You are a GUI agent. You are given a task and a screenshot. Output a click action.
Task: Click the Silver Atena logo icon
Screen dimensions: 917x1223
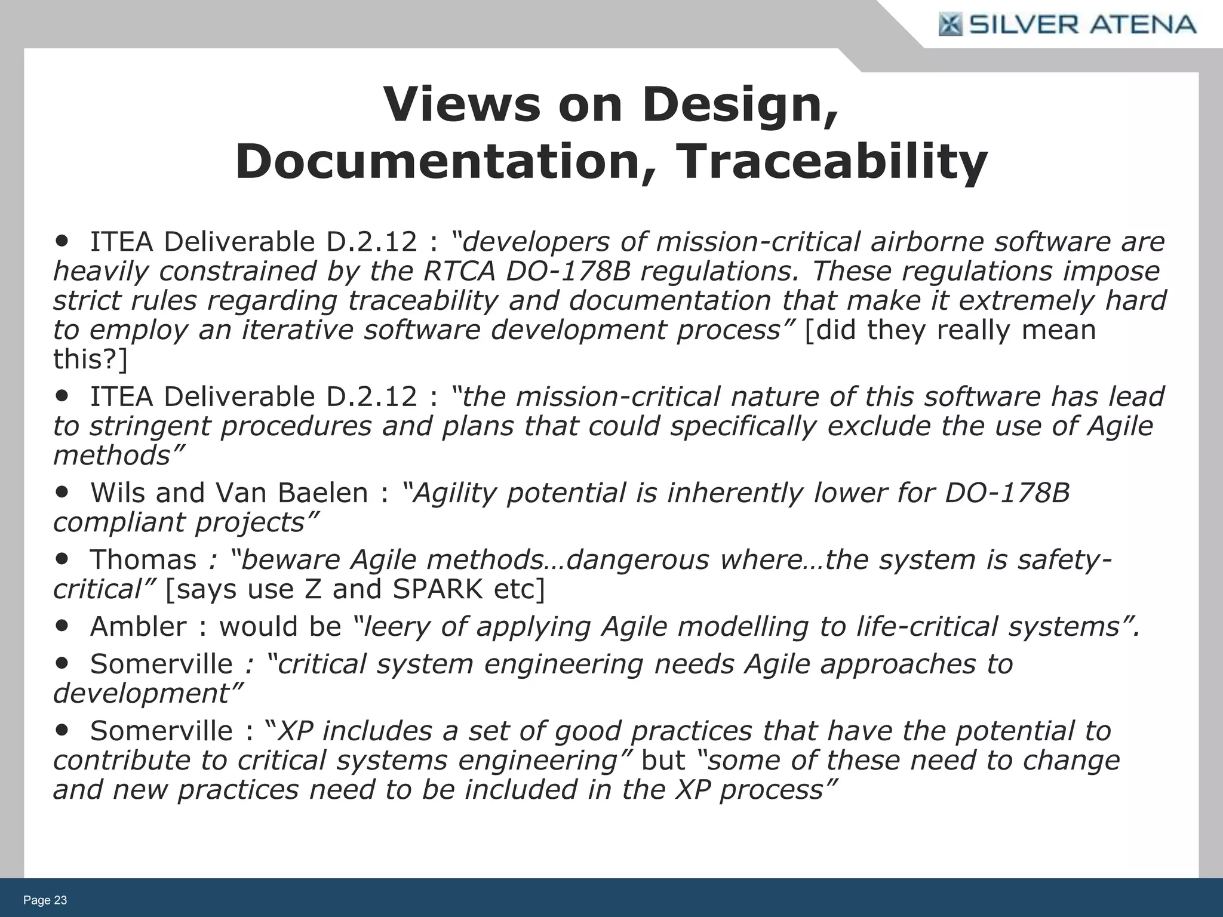coord(950,25)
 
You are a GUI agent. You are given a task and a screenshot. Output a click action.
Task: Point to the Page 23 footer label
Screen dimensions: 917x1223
coord(45,900)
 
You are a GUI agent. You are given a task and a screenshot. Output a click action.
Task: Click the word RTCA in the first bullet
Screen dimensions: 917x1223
coord(459,271)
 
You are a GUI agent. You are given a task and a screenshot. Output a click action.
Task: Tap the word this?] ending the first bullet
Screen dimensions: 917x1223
coord(90,359)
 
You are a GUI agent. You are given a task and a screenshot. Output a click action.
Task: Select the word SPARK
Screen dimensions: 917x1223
coord(437,589)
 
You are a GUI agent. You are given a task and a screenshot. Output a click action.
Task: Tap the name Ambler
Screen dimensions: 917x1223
coord(138,627)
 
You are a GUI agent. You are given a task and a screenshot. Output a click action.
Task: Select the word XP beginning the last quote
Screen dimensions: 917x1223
coord(295,731)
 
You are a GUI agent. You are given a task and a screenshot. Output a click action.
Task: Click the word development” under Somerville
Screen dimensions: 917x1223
coord(148,694)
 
